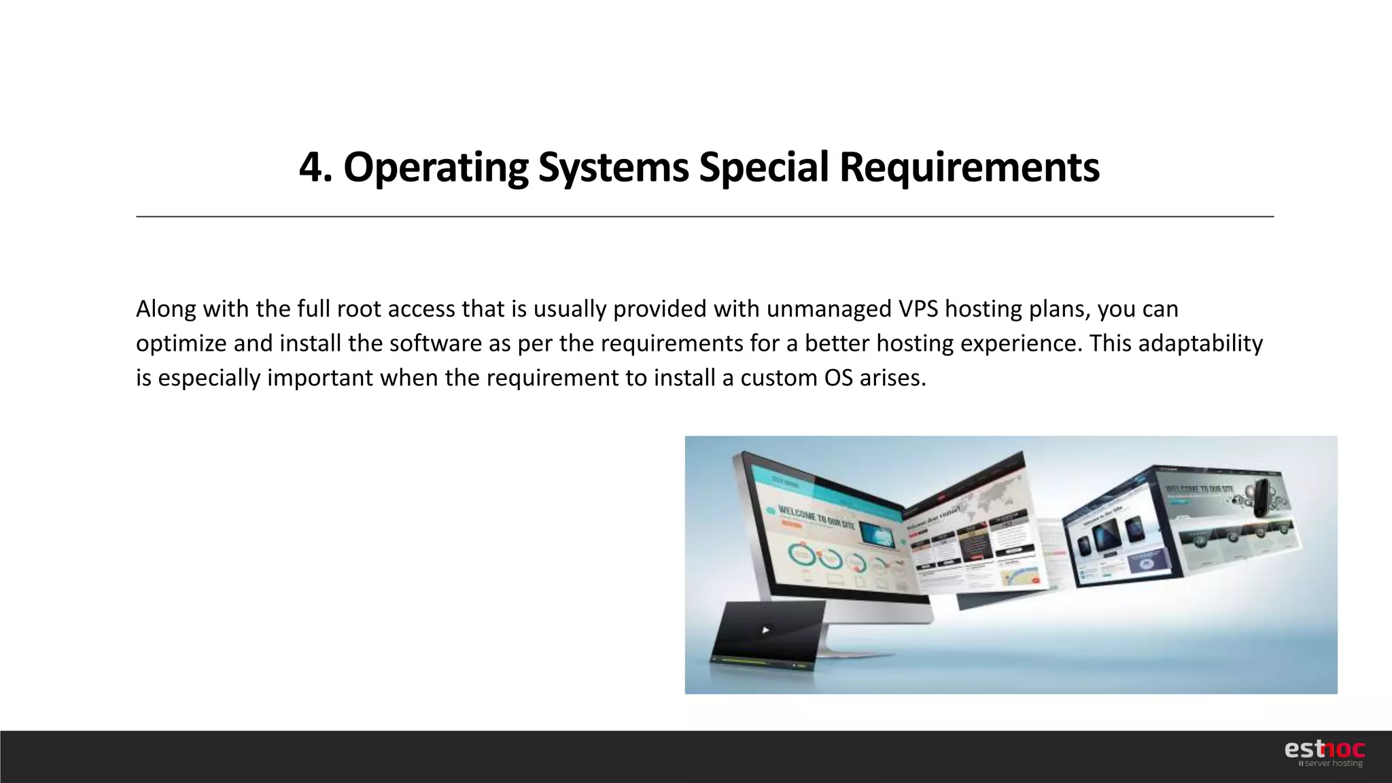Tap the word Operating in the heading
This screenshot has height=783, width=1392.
[436, 167]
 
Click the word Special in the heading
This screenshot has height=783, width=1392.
[764, 167]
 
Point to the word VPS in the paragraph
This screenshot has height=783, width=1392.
[918, 309]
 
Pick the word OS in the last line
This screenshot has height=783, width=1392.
[838, 378]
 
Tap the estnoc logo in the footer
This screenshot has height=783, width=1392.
[1324, 749]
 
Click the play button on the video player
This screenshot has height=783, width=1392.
[765, 630]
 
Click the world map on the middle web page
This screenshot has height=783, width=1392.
[992, 493]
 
